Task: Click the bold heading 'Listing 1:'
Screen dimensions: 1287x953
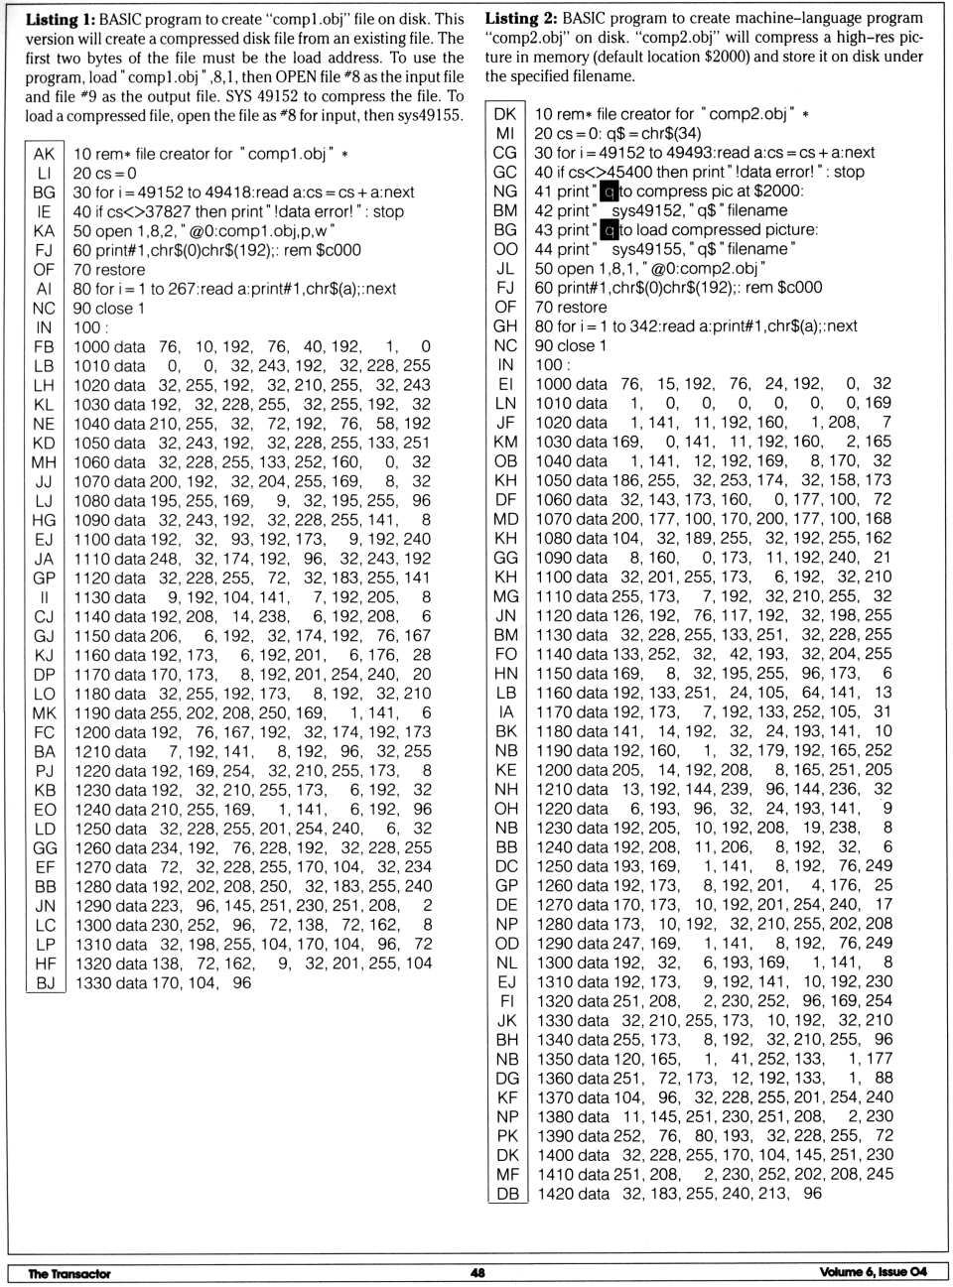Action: click(60, 19)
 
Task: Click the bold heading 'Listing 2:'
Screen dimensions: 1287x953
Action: click(519, 19)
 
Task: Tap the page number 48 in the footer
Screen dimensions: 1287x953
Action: click(477, 1273)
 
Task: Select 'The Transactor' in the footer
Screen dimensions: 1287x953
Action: click(69, 1273)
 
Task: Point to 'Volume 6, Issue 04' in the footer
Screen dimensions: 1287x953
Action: click(874, 1273)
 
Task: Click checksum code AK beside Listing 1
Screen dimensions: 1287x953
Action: click(44, 154)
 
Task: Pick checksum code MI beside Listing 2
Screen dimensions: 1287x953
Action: click(505, 133)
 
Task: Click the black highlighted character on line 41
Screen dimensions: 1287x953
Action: click(610, 192)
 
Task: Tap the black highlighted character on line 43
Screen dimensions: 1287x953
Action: click(610, 230)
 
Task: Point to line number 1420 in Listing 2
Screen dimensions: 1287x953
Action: click(555, 1194)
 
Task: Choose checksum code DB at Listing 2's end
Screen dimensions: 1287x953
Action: click(506, 1194)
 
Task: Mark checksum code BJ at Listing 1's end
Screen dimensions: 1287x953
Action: click(45, 982)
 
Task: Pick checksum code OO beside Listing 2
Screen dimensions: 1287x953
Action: click(505, 249)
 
